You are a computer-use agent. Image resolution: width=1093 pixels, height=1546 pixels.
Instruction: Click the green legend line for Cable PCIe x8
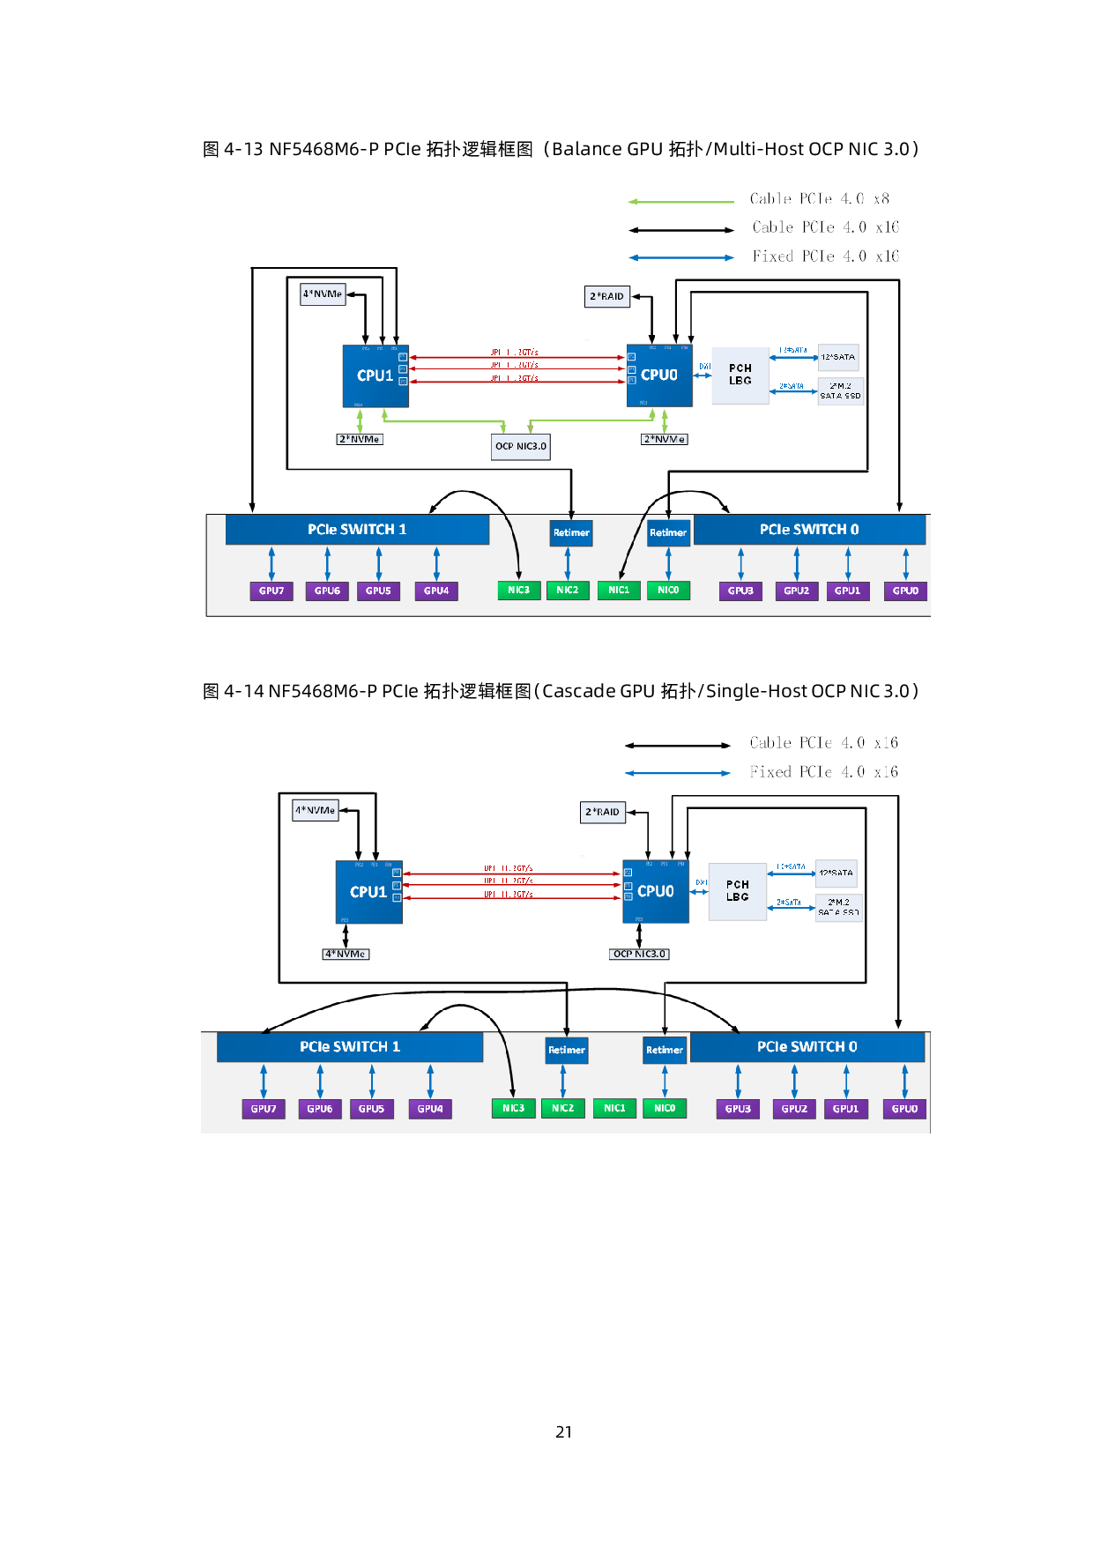(680, 202)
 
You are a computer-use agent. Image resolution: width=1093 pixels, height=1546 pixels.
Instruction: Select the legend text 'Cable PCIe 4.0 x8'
(819, 199)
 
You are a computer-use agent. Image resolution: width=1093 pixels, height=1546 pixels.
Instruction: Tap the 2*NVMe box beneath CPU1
(360, 439)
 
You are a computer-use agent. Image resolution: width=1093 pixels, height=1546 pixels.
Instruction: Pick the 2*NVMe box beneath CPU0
(664, 439)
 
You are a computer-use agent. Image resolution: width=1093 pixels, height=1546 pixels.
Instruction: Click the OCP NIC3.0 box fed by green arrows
(521, 446)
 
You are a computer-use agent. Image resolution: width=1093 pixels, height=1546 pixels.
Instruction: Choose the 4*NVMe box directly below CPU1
(346, 954)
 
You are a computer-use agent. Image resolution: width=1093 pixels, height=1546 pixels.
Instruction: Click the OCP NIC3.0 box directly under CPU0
(640, 954)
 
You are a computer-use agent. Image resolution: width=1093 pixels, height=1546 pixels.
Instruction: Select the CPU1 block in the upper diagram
(375, 376)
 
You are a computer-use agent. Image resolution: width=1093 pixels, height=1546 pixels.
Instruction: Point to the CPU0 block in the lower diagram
(656, 892)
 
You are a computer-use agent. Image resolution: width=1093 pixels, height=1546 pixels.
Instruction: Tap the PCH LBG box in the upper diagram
(740, 375)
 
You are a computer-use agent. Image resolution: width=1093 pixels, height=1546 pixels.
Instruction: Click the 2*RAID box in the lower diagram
(603, 812)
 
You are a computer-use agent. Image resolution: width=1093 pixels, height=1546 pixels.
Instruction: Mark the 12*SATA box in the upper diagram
(838, 357)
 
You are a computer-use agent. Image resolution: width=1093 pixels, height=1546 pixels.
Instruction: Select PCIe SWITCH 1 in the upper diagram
(357, 530)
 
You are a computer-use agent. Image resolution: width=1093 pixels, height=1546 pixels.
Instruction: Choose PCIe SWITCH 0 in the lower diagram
(807, 1047)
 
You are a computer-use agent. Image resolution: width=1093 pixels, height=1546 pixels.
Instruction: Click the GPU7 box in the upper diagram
(271, 591)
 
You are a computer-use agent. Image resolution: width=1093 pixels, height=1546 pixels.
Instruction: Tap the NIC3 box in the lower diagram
(513, 1109)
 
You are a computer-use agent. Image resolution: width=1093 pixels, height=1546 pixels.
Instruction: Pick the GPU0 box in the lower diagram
(904, 1109)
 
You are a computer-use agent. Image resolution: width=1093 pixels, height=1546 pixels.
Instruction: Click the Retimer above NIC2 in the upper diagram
(571, 532)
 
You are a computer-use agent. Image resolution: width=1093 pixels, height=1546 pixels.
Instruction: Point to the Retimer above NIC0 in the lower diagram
(665, 1050)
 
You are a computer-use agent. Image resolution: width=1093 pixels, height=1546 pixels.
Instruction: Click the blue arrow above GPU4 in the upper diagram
(436, 563)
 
